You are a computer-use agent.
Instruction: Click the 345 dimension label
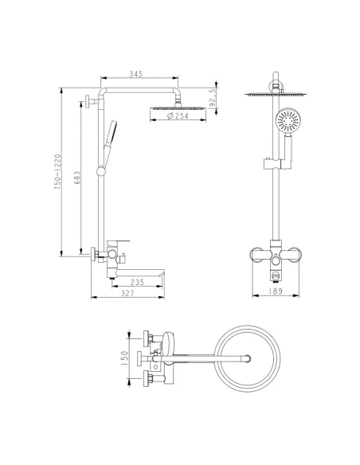[x=136, y=73]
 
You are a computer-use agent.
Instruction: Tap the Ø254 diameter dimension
[x=178, y=115]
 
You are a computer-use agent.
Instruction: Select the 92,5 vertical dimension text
[x=212, y=98]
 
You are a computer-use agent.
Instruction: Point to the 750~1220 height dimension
[x=57, y=172]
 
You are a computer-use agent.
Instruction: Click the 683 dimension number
[x=77, y=178]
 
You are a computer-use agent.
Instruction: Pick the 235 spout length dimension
[x=137, y=282]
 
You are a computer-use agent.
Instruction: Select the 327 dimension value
[x=127, y=293]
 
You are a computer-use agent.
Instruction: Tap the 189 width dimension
[x=276, y=291]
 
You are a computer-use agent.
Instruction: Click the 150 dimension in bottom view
[x=125, y=358]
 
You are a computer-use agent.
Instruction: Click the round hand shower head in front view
[x=288, y=120]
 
